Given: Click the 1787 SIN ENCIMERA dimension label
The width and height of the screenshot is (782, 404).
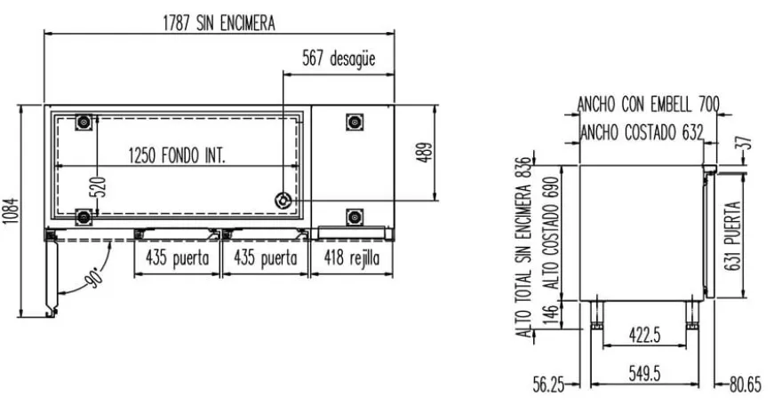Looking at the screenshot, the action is [x=219, y=23].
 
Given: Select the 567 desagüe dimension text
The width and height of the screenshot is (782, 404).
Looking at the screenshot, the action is [x=339, y=59].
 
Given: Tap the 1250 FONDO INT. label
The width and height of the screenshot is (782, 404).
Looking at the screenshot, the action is [x=177, y=156].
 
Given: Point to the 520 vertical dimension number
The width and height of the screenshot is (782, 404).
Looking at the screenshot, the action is [x=100, y=186].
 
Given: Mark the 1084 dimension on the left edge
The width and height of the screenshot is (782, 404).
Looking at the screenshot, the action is [x=12, y=211].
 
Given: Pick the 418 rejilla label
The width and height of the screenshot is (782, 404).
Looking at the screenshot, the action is [x=351, y=258].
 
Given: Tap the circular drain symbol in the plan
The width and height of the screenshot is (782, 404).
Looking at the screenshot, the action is [x=283, y=201].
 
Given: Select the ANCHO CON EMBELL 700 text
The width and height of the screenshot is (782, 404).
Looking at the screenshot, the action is [x=649, y=105].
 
